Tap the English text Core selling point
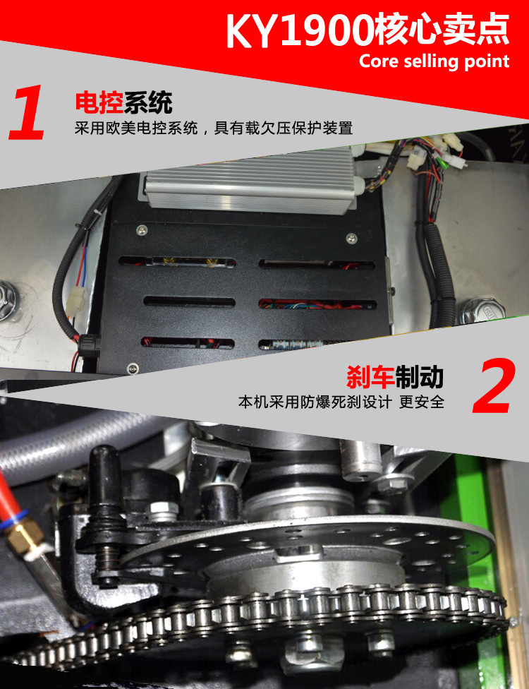[434, 61]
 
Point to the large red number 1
[28, 112]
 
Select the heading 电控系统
[124, 103]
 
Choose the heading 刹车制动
[395, 377]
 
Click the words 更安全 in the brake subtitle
[422, 402]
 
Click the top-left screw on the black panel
[141, 229]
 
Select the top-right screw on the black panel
[352, 238]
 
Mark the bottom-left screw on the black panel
[132, 369]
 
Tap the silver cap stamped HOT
[483, 310]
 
